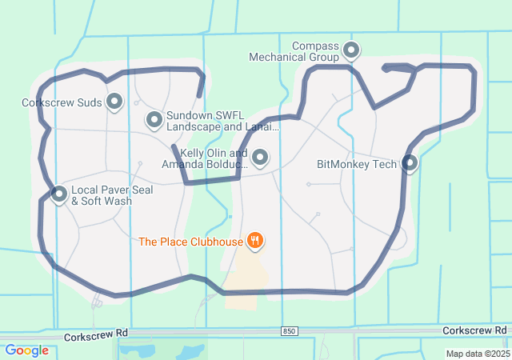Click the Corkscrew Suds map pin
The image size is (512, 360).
click(x=114, y=102)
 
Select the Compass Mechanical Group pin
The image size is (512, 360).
click(x=350, y=52)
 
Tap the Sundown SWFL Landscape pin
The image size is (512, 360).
click(x=154, y=120)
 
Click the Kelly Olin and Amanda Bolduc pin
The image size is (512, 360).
click(x=259, y=158)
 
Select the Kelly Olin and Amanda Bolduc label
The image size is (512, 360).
click(x=205, y=158)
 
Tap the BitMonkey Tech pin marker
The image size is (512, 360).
click(x=410, y=163)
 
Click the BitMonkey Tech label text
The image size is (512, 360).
click(x=357, y=165)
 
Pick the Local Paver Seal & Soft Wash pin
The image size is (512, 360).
click(x=58, y=194)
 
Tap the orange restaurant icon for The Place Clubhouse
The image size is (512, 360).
click(x=255, y=240)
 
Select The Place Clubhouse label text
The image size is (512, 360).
click(x=190, y=241)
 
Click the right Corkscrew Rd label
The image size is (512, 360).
click(x=474, y=330)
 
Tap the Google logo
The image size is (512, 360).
click(x=26, y=350)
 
